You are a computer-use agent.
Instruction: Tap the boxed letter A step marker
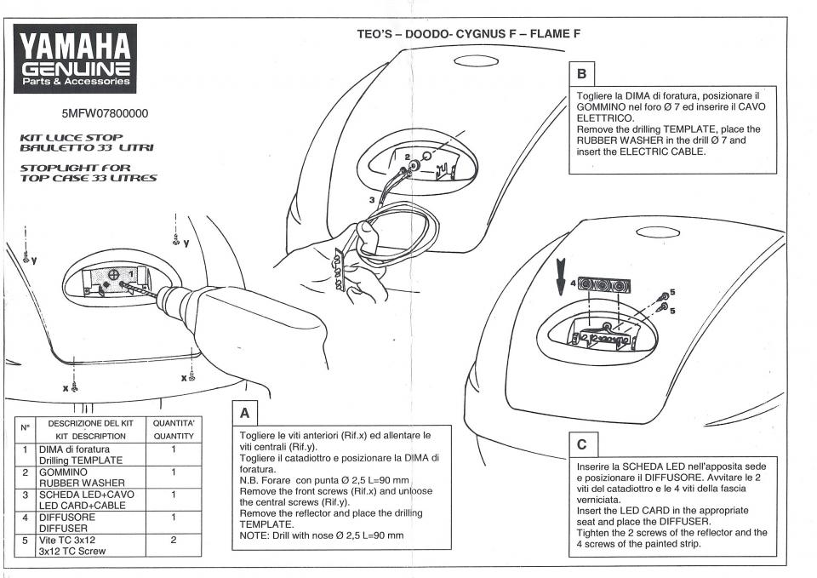point(244,414)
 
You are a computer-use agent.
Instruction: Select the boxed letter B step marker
point(582,74)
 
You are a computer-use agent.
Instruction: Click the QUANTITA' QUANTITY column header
point(173,429)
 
